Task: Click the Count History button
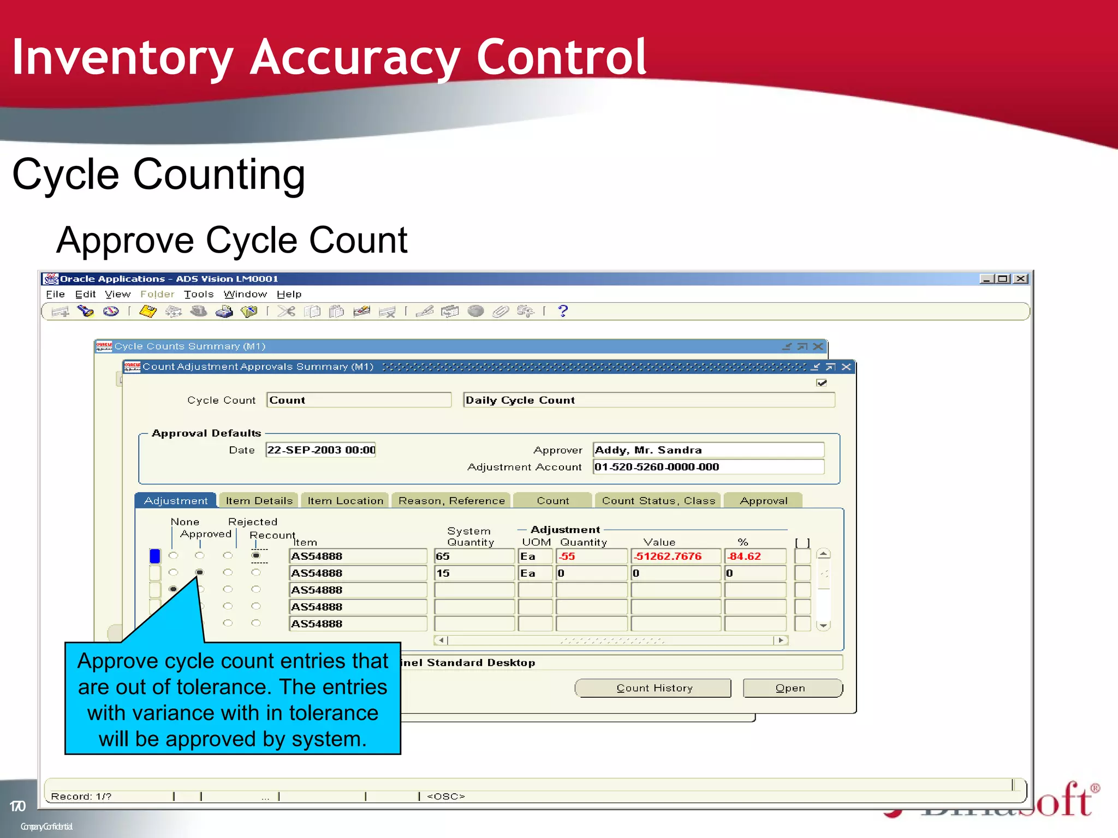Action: tap(653, 688)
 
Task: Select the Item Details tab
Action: tap(259, 500)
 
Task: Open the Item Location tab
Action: tap(345, 500)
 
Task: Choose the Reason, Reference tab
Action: tap(451, 500)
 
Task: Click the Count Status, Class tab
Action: tap(658, 500)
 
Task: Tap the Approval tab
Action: tap(763, 500)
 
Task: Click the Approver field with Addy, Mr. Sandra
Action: tap(708, 450)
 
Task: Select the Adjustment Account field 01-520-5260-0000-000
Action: tap(708, 467)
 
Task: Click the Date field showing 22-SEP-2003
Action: tap(320, 450)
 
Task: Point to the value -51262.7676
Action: tap(675, 556)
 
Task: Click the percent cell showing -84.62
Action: tap(754, 556)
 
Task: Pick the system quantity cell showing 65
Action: tap(473, 556)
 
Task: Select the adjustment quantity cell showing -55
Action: tap(591, 556)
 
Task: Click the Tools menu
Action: tap(198, 295)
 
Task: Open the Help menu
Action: tap(289, 295)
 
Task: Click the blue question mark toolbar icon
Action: tap(563, 311)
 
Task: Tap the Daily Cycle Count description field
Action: tap(649, 400)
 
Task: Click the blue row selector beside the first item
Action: tap(155, 556)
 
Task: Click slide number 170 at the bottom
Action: tap(17, 806)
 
